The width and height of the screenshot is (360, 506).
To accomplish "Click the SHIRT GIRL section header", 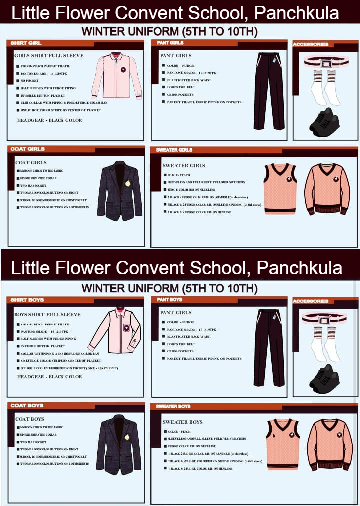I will (26, 43).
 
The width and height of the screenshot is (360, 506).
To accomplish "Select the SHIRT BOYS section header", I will (27, 300).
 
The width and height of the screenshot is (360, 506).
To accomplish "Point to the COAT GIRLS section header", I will (27, 149).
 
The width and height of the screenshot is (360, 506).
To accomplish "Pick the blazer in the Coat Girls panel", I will (120, 191).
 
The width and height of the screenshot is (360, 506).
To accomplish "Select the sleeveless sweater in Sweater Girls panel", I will (280, 188).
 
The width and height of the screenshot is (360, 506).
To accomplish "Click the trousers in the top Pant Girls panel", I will (269, 90).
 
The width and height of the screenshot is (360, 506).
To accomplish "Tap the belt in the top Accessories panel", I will (326, 63).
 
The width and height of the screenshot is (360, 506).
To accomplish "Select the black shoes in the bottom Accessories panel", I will (324, 378).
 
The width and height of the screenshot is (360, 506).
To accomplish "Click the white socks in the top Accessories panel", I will (324, 88).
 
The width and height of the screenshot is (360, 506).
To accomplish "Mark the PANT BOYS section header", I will (169, 300).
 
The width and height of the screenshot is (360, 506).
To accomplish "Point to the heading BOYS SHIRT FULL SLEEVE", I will (47, 315).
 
